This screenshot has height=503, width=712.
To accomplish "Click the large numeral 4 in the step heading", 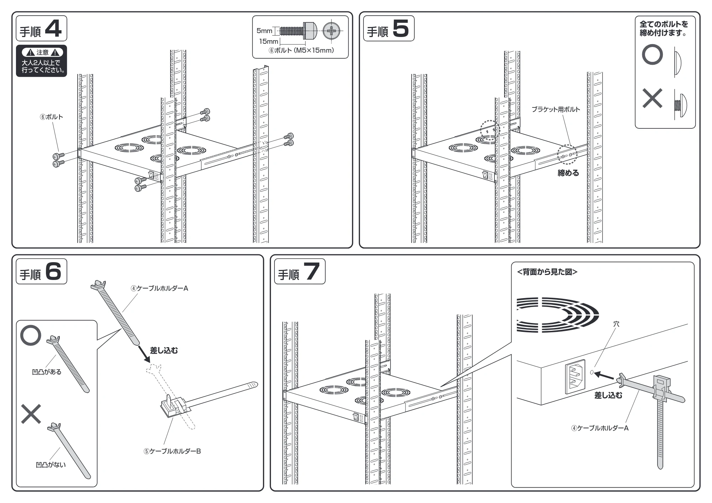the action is pos(53,28).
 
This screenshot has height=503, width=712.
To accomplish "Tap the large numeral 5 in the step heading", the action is pos(400,28).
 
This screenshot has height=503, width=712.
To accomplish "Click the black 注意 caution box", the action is pos(41,61).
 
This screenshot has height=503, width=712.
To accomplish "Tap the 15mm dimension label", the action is pos(268,42).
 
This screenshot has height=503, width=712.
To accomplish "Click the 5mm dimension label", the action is pos(264,31).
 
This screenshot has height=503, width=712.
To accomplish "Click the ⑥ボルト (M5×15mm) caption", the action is pos(301,51).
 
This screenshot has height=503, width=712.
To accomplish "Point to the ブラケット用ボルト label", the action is pos(556,110).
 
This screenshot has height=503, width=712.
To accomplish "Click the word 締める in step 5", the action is pos(568,173).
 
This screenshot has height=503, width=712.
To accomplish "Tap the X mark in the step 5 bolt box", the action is pos(652,98).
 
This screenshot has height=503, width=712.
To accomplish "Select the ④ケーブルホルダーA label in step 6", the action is pos(159,288).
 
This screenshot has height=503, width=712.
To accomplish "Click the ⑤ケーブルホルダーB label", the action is pos(172,451).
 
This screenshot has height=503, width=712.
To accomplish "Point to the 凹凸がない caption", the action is pos(51,465).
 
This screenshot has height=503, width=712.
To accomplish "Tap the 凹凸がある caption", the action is pos(47,372).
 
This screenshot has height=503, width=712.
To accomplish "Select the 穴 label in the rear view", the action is pos(616,324).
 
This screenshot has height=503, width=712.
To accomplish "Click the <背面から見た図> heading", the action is pos(547,272).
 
